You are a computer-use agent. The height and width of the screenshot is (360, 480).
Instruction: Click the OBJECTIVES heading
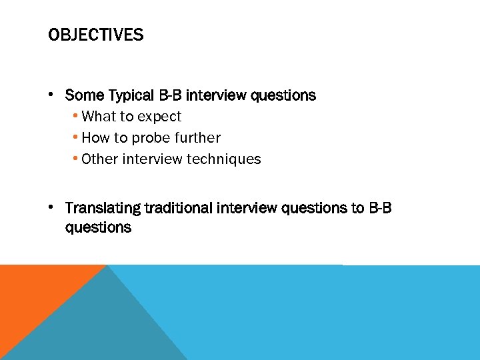tap(95, 35)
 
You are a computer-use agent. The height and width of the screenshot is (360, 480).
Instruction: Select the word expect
tap(159, 117)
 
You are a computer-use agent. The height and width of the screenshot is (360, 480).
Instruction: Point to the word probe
tap(150, 138)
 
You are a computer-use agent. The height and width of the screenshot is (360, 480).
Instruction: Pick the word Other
tap(98, 159)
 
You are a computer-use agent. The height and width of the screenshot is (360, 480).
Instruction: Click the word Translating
tap(103, 209)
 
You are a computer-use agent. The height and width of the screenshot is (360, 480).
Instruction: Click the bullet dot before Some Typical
tap(52, 94)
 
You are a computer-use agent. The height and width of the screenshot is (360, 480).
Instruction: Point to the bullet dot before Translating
tap(52, 207)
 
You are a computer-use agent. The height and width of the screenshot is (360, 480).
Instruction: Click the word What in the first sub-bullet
tap(98, 117)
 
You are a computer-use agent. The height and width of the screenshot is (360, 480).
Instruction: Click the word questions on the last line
tap(98, 227)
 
